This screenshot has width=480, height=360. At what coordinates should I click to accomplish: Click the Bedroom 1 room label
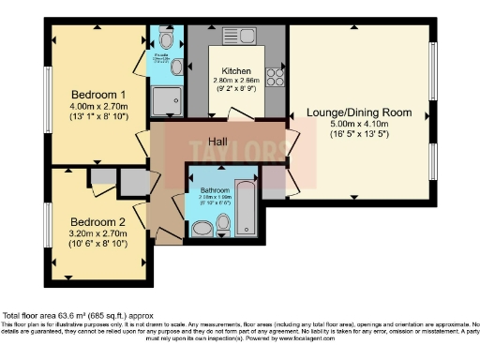pyautogui.click(x=98, y=95)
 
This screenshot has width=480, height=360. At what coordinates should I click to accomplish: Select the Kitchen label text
pyautogui.click(x=236, y=72)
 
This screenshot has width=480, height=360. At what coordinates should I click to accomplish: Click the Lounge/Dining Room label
pyautogui.click(x=359, y=112)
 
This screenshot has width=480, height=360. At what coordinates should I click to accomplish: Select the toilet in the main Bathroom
pyautogui.click(x=223, y=223)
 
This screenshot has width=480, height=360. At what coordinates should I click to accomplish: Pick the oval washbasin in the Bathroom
pyautogui.click(x=202, y=228)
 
